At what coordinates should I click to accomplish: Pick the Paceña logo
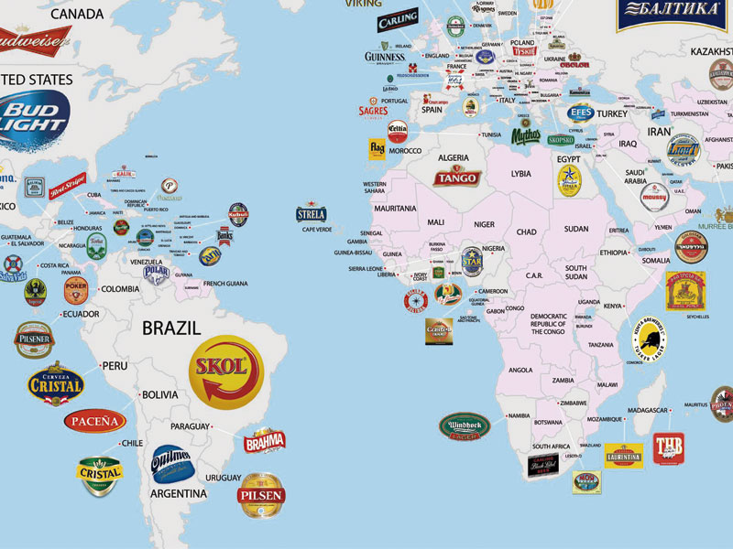click(95, 421)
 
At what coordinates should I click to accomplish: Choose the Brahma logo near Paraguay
click(265, 441)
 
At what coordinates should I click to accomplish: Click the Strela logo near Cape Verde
click(311, 214)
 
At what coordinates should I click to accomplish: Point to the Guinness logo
click(384, 57)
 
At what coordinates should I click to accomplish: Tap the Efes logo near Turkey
click(580, 113)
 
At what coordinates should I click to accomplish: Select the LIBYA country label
click(521, 173)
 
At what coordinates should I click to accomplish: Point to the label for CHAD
click(526, 232)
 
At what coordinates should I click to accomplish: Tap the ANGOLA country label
click(520, 371)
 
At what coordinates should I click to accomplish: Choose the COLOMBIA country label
click(119, 289)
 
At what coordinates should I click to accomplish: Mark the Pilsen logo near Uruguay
click(263, 495)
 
